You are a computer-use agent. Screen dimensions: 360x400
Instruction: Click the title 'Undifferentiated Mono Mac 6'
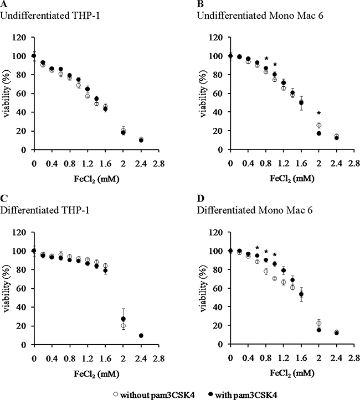260,15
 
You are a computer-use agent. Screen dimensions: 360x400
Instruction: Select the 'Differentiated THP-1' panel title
45,210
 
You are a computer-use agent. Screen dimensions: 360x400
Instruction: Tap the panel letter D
200,198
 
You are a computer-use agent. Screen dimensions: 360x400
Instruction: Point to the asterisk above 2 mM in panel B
318,113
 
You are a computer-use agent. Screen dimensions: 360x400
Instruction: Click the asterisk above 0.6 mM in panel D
257,247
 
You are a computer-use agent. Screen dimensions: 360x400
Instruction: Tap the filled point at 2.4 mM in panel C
141,335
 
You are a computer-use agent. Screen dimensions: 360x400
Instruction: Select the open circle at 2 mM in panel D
318,323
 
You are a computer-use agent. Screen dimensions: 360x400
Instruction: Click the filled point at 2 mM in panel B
318,133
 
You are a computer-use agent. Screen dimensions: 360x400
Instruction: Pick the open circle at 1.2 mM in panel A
88,96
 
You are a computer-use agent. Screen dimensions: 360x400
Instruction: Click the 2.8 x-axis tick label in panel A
158,164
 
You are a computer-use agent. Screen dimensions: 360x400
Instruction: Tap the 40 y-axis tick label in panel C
22,307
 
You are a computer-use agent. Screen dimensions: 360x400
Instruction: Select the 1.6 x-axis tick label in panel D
301,359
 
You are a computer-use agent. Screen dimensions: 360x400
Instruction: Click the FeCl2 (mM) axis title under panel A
96,179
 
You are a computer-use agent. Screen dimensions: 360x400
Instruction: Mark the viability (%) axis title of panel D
203,288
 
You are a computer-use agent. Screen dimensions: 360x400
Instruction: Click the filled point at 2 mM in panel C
123,319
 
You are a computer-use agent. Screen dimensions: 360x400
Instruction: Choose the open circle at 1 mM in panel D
275,279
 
